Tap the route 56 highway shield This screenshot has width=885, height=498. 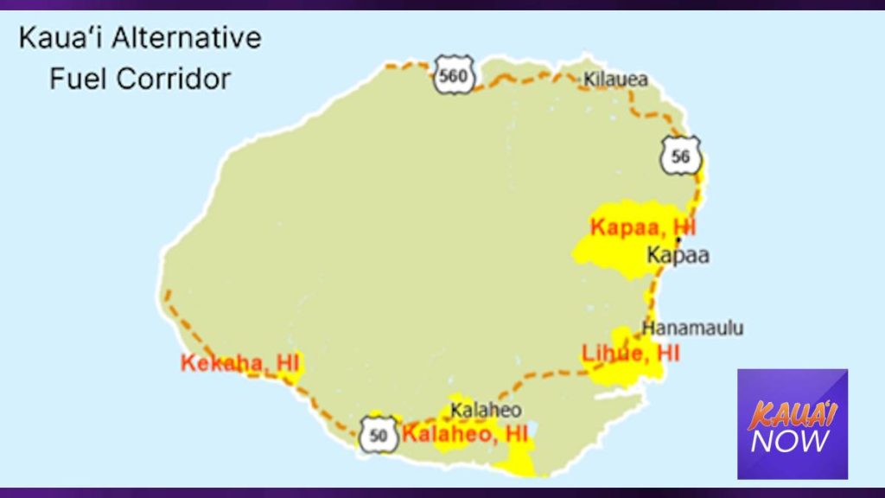tap(680, 156)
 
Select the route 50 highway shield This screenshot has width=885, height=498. tap(379, 434)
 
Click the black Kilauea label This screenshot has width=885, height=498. tap(615, 80)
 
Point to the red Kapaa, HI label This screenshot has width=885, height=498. tap(642, 227)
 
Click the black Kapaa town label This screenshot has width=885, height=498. tap(678, 256)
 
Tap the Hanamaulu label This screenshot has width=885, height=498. tap(692, 329)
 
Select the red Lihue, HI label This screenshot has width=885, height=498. tap(631, 353)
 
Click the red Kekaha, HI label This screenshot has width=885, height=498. tap(239, 363)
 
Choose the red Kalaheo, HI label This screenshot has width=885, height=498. tap(465, 432)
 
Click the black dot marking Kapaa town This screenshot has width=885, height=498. tap(678, 239)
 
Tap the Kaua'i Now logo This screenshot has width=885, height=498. tap(792, 424)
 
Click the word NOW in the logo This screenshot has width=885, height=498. tap(791, 441)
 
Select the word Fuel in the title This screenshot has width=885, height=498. tap(79, 80)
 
